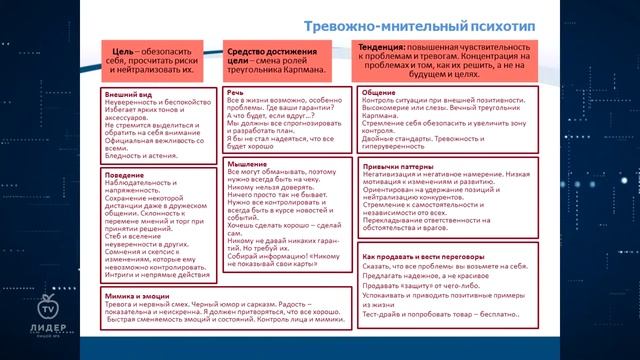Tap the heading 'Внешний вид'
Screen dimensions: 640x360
(x=126, y=95)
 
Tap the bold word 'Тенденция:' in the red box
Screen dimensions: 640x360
(x=383, y=47)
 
